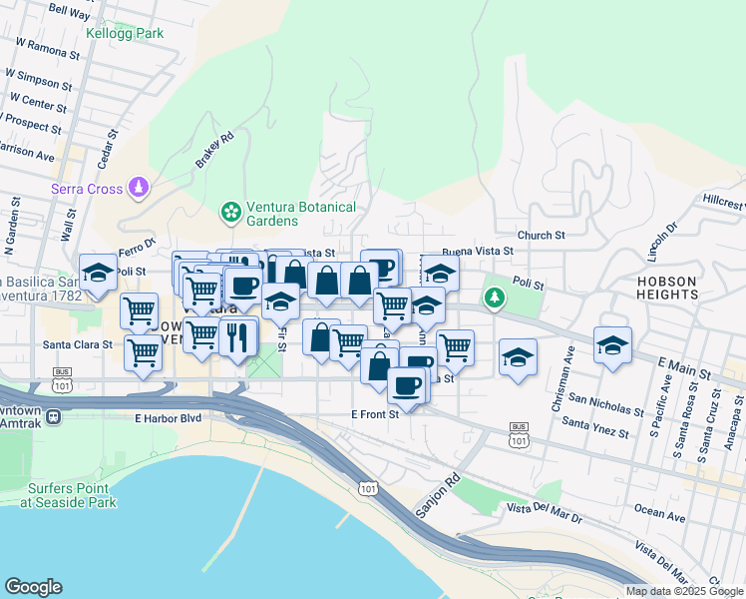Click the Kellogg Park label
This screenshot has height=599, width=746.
[125, 34]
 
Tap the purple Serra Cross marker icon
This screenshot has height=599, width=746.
[140, 188]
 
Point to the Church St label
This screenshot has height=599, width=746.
[542, 236]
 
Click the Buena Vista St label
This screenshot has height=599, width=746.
[477, 252]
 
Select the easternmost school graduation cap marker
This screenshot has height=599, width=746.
[613, 344]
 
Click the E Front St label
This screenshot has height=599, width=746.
[375, 413]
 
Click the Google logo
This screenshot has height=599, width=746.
[33, 587]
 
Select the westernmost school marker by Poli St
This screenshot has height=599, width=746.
[98, 273]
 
